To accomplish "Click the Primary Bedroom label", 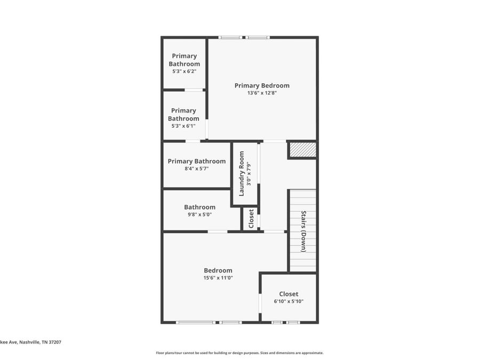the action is [x=262, y=86].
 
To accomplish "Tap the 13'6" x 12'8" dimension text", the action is [x=262, y=93].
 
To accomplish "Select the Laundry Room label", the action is [x=241, y=173].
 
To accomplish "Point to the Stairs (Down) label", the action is [x=303, y=231].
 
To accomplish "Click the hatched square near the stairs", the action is [x=303, y=150].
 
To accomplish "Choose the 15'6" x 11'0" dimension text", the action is [x=218, y=278].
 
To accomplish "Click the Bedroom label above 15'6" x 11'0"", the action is [x=218, y=270].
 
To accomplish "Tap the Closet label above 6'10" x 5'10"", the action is [x=289, y=294].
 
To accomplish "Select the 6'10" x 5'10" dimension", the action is [x=289, y=301].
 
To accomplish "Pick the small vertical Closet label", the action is [x=251, y=219].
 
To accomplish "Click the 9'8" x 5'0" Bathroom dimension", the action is [x=199, y=214].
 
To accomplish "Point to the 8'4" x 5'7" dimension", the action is [x=196, y=169].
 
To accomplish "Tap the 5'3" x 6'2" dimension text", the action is [x=185, y=71].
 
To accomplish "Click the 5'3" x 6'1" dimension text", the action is [x=183, y=126].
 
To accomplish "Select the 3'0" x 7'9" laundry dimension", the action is [x=249, y=173].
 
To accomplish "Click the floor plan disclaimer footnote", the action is [x=239, y=353].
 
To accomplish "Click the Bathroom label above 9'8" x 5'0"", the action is [x=199, y=207].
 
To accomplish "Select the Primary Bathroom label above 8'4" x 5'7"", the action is [x=196, y=161].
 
